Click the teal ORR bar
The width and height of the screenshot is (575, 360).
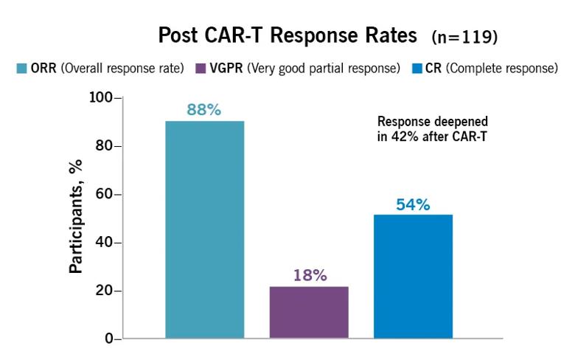204,229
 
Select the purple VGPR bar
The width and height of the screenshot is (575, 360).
309,312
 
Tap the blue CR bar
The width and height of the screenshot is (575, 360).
413,277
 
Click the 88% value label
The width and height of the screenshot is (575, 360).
204,109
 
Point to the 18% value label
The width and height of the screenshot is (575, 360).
309,275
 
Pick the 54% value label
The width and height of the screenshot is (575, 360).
413,204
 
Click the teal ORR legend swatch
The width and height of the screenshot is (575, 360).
21,69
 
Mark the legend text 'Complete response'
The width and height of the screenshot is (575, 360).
501,69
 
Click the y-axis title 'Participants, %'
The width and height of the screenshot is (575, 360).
76,219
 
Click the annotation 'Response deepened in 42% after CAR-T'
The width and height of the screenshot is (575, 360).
432,128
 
